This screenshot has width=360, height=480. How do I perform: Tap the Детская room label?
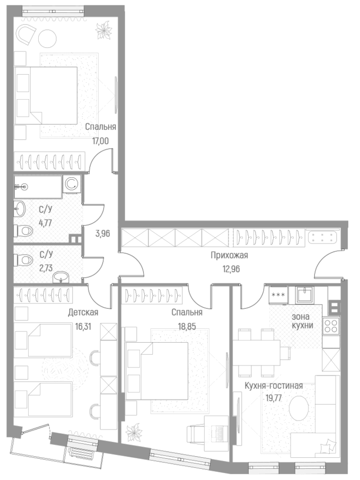click(x=83, y=312)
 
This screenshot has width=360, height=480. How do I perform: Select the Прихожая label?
click(x=229, y=256)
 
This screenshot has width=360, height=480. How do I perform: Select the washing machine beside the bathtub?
click(x=72, y=185)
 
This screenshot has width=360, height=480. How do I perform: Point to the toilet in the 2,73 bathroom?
click(x=24, y=260)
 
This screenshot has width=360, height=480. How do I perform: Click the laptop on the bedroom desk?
click(x=217, y=432)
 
